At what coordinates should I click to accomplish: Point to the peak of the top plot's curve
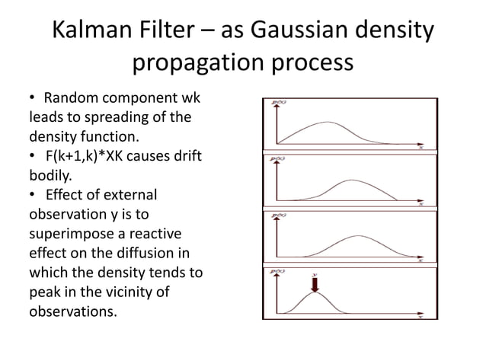coord(328,123)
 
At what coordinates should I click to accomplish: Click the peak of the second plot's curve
coord(352,180)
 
